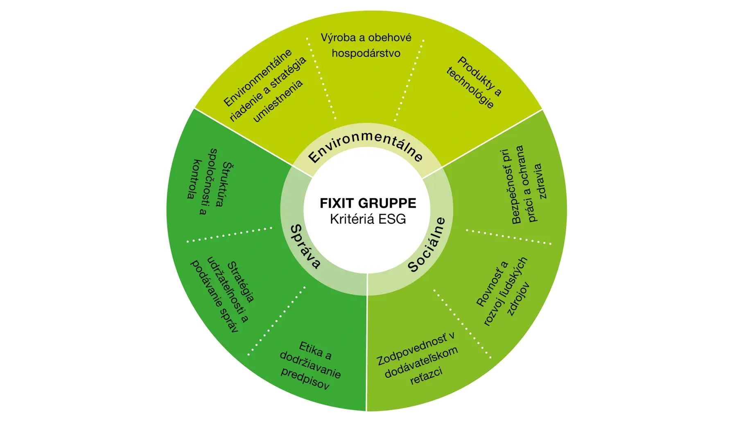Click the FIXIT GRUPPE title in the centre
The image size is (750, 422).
(x=368, y=203)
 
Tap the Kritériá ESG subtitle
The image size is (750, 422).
(x=368, y=219)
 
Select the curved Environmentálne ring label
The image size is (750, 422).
(x=365, y=147)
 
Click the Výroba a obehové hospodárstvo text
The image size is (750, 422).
(x=366, y=45)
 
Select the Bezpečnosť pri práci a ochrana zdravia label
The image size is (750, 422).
(x=528, y=185)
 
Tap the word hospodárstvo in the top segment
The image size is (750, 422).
(x=366, y=54)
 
